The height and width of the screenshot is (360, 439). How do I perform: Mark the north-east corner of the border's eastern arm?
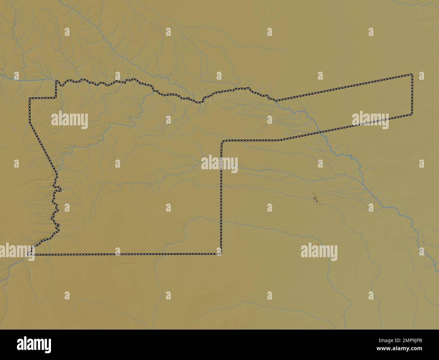[x=412, y=74]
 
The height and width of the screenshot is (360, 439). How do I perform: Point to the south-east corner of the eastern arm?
[x=412, y=114]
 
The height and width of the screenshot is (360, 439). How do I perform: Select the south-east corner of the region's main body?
[x=221, y=254]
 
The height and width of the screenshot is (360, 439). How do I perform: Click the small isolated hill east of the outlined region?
[x=315, y=198]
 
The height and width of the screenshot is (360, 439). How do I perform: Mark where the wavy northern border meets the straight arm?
[x=276, y=100]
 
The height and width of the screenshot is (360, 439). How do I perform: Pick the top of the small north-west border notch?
[x=56, y=81]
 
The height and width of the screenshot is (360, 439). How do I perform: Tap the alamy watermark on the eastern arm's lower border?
[x=370, y=121]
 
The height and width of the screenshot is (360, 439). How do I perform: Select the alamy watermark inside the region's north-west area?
[x=70, y=120]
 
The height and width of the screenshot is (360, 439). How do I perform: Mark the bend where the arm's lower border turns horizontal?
[x=279, y=140]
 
